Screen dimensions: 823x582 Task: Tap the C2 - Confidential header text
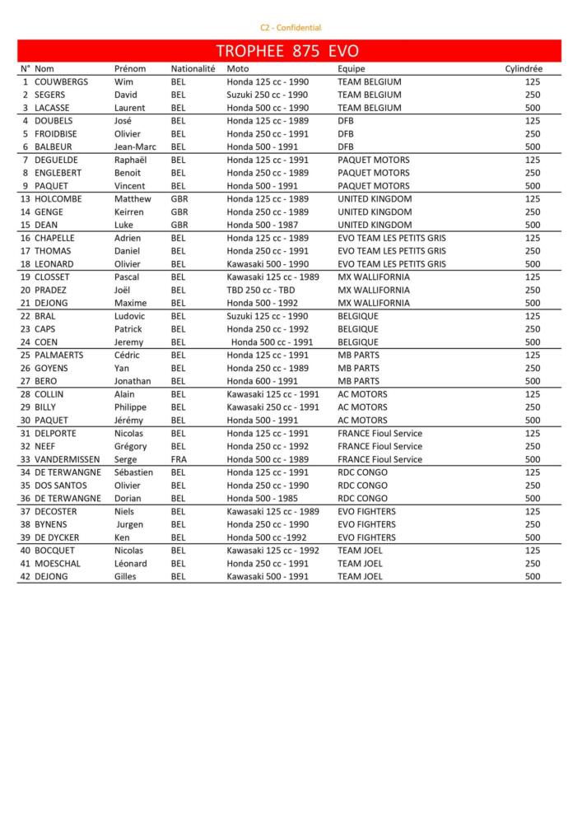(x=291, y=28)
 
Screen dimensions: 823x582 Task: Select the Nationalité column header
(x=193, y=69)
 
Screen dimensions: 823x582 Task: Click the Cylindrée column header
(x=524, y=69)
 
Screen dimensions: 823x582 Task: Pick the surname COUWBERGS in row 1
(x=61, y=82)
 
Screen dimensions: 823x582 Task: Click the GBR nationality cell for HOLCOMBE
(x=179, y=199)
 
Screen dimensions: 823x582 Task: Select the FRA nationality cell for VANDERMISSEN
(x=179, y=459)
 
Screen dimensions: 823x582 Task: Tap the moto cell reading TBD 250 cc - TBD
(x=261, y=291)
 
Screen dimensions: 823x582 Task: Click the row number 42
(x=26, y=577)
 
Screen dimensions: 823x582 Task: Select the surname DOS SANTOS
(x=63, y=486)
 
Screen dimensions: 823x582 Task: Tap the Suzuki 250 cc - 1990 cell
(x=268, y=95)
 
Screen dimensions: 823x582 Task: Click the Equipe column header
(x=351, y=69)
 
